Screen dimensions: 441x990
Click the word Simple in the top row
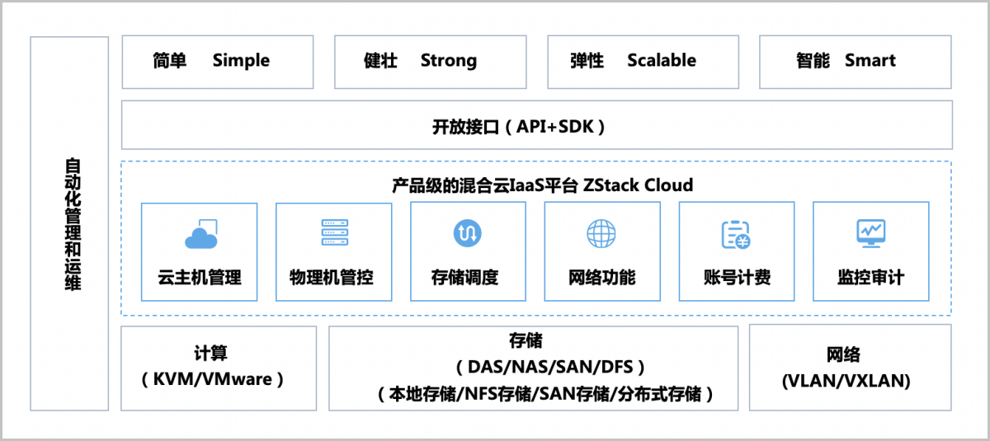[241, 60]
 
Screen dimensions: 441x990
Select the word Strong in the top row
[448, 60]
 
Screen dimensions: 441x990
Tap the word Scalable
[661, 60]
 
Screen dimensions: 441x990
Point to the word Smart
[870, 60]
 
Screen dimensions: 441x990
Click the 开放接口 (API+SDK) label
[519, 126]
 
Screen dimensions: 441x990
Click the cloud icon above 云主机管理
[200, 235]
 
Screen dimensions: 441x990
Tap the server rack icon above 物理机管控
[333, 233]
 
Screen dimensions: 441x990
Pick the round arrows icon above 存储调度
[467, 233]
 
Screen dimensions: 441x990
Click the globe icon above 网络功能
[601, 233]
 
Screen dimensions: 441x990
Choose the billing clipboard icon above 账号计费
[735, 235]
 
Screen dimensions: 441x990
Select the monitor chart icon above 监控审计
[870, 233]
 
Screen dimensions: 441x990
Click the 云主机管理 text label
[200, 277]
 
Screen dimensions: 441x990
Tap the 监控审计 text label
[870, 277]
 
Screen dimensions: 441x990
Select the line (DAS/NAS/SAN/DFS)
[544, 367]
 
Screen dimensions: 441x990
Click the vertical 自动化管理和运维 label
[73, 223]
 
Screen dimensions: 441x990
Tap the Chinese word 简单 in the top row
[169, 60]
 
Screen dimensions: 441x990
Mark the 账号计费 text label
[737, 277]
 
